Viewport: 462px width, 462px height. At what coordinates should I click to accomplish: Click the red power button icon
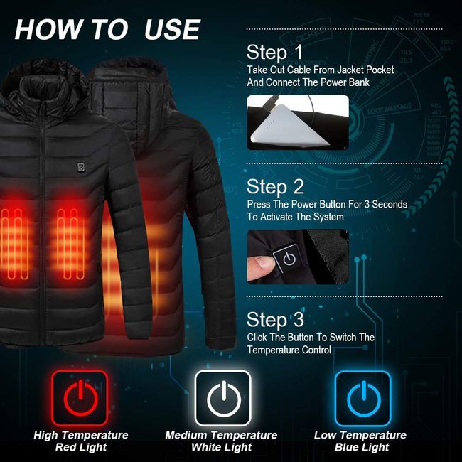pos(79,398)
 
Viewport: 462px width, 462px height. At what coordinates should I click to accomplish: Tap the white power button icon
pos(222,398)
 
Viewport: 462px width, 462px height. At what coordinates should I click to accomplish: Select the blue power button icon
pos(362,398)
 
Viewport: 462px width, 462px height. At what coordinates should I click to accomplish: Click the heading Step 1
pos(274,53)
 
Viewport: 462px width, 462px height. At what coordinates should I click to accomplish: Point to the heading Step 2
pos(275,187)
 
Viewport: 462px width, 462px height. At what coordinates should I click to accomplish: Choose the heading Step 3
pos(275,320)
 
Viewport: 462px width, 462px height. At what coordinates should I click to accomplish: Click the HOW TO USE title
pos(107,29)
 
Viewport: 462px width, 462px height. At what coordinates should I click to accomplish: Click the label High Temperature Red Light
pos(81,441)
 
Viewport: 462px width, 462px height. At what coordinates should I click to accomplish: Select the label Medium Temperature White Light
pos(221,441)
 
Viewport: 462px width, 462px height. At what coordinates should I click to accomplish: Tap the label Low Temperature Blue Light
pos(360,441)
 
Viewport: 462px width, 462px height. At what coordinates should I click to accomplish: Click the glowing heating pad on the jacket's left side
pos(14,235)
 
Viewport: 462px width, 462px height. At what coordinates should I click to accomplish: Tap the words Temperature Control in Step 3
pos(289,350)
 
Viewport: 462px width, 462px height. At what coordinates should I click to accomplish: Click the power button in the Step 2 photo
pos(289,258)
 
